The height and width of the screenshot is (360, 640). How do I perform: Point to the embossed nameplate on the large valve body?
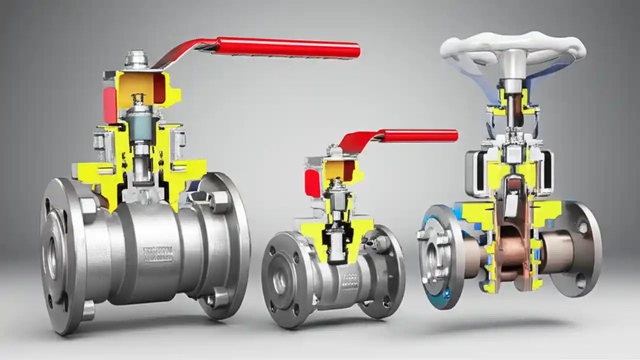[x=158, y=254]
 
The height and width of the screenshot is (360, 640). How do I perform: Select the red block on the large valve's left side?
[x=110, y=105]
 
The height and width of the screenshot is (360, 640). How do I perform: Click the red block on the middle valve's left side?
[x=312, y=182]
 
